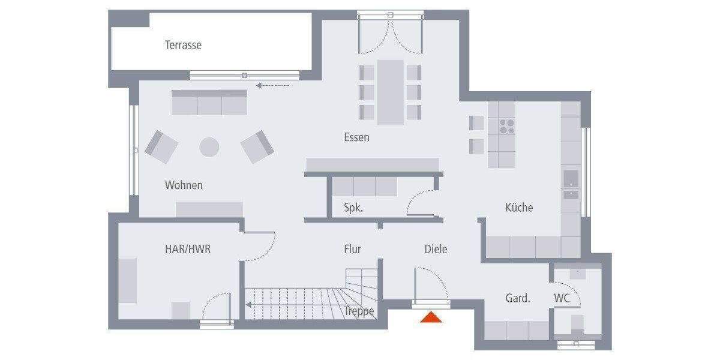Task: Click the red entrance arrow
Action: pyautogui.click(x=431, y=317)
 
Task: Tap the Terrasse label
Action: pyautogui.click(x=183, y=45)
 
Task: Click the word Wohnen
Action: pyautogui.click(x=184, y=185)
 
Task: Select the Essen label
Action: pyautogui.click(x=356, y=137)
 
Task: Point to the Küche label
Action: pyautogui.click(x=519, y=208)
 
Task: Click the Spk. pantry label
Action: pyautogui.click(x=353, y=208)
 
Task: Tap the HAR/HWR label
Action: pyautogui.click(x=188, y=249)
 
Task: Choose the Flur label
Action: pyautogui.click(x=352, y=249)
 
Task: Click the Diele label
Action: pyautogui.click(x=436, y=249)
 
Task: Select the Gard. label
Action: pyautogui.click(x=517, y=298)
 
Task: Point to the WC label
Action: pyautogui.click(x=562, y=298)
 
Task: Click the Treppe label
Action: pyautogui.click(x=359, y=311)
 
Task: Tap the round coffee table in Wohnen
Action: pyautogui.click(x=209, y=147)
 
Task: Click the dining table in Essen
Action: pyautogui.click(x=390, y=92)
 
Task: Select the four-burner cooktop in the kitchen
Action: pyautogui.click(x=507, y=125)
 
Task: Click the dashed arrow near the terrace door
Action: pyautogui.click(x=272, y=86)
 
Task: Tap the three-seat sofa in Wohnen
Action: pyautogui.click(x=209, y=103)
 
